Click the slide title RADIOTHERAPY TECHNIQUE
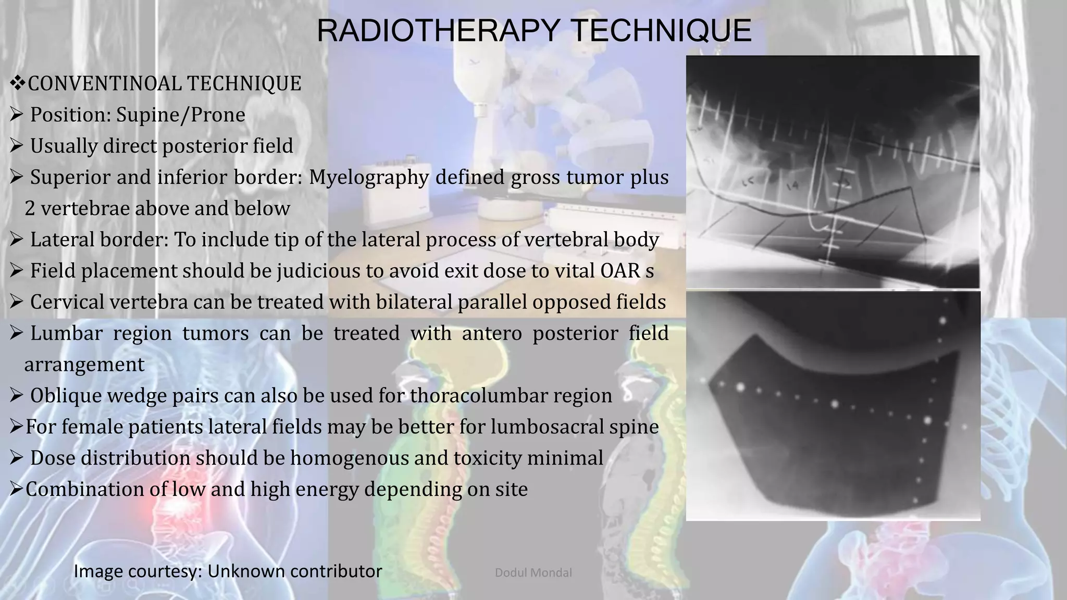click(x=533, y=30)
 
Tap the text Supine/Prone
click(x=180, y=115)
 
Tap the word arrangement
click(x=84, y=365)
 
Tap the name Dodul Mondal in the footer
click(x=533, y=573)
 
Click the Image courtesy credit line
click(x=228, y=571)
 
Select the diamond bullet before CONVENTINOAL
click(x=18, y=83)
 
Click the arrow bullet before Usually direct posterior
click(x=16, y=146)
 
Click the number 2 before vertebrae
click(x=30, y=208)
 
